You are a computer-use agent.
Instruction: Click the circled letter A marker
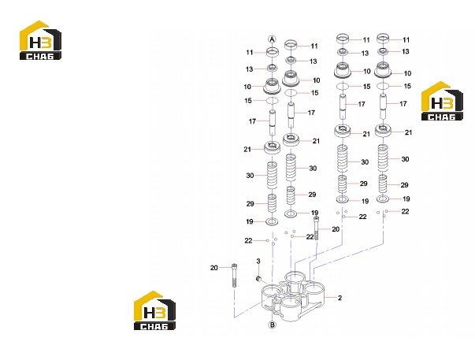click(x=273, y=39)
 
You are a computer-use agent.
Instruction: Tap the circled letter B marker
click(x=273, y=325)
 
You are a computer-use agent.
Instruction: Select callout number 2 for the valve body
click(x=340, y=298)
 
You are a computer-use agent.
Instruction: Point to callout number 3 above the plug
click(x=258, y=261)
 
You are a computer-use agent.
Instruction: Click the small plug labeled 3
click(x=258, y=279)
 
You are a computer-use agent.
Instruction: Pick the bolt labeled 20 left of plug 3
click(x=234, y=276)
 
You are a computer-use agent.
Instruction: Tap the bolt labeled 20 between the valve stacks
click(x=316, y=228)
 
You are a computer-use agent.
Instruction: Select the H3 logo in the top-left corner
click(x=40, y=40)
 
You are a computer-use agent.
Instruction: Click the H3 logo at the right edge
click(x=442, y=101)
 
